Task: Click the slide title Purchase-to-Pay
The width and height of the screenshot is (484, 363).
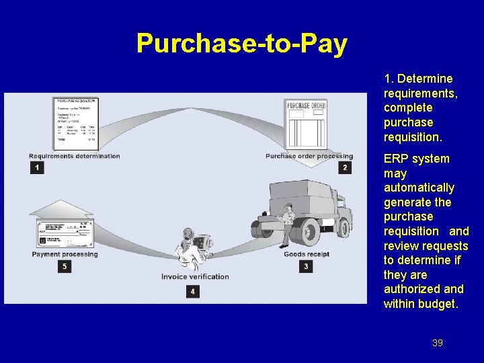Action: (241, 44)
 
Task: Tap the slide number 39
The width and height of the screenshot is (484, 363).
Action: (438, 343)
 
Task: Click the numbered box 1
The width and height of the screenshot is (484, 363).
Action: (37, 167)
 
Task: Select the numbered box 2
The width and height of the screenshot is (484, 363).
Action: (345, 167)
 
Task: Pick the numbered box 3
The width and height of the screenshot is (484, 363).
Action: (306, 266)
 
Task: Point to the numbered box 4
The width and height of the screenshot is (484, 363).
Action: (194, 291)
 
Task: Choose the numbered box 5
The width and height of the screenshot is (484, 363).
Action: (65, 266)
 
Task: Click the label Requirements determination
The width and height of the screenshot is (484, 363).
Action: (75, 156)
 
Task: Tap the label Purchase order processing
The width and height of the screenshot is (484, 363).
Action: (309, 156)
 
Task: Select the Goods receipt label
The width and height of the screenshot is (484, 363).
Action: (307, 254)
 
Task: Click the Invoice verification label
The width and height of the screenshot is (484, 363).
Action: (195, 276)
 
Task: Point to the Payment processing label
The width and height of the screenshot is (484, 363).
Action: (65, 254)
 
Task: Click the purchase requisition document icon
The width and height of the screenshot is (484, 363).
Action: (75, 124)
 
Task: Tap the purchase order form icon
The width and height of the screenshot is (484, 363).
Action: (306, 124)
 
